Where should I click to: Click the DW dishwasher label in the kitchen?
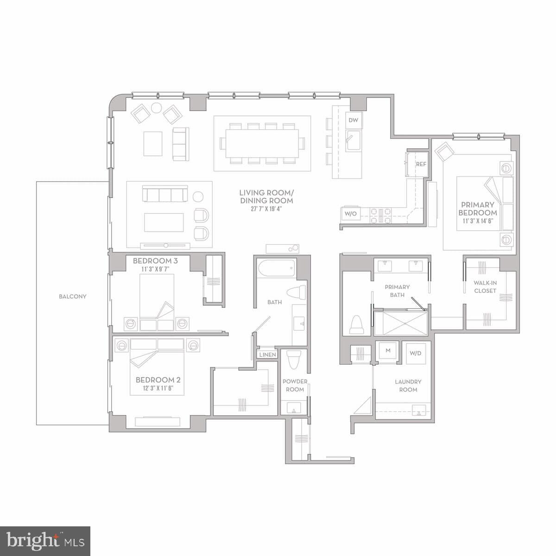(353, 120)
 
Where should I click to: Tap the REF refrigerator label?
(421, 164)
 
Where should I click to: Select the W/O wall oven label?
(350, 214)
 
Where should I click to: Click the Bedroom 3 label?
(155, 261)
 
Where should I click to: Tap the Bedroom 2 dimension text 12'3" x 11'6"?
(157, 388)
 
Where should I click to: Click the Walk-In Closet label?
(485, 287)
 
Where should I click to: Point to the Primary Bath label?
(397, 291)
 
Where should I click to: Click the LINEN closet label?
(268, 355)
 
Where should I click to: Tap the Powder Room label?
(295, 385)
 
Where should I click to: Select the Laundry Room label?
(408, 385)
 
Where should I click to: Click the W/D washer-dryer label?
(416, 354)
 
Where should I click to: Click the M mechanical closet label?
(388, 350)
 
